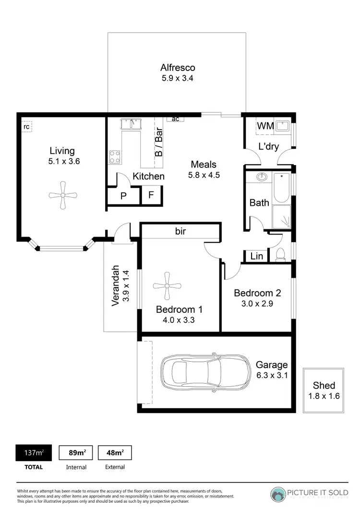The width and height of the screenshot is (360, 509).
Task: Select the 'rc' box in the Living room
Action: coord(27,127)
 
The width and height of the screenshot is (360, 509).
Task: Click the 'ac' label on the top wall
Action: coord(176,118)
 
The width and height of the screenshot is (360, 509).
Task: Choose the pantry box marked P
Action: coord(123,196)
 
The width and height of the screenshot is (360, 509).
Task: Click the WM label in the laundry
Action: coord(265,126)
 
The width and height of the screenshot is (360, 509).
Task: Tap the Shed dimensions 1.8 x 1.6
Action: coord(324,396)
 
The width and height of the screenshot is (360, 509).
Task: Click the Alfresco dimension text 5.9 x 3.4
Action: coord(178,78)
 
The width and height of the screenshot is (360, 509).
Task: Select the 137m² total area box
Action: coord(34,452)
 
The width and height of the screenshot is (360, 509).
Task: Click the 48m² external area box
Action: coord(115,452)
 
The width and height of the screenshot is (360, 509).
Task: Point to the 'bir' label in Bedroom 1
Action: coord(180,232)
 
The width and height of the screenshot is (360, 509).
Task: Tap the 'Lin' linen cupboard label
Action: coord(257,257)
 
